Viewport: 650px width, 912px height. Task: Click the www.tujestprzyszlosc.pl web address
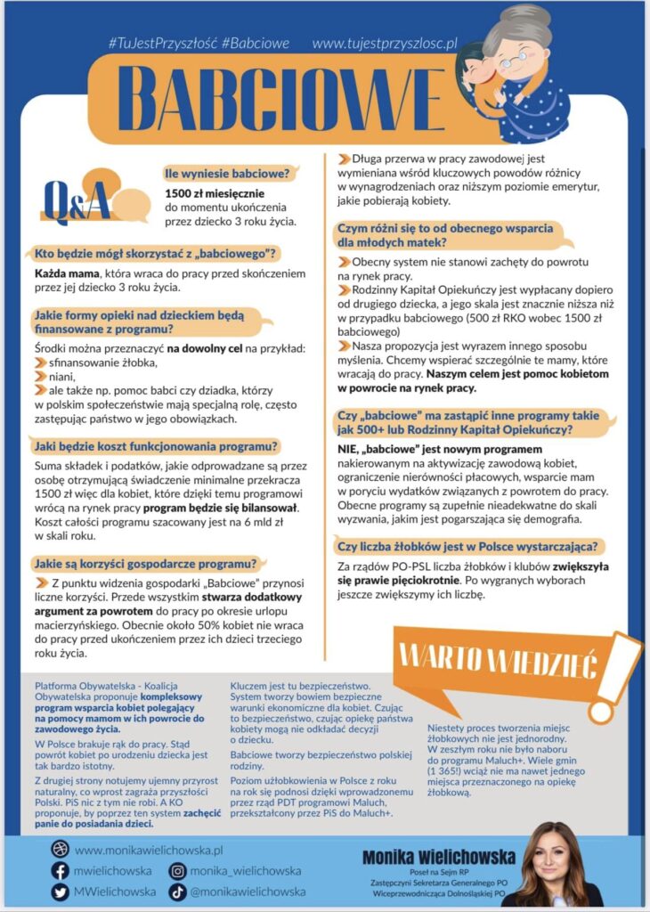coord(385,43)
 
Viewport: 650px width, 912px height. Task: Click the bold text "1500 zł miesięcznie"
coord(215,193)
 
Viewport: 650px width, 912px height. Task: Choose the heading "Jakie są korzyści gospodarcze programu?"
coord(145,564)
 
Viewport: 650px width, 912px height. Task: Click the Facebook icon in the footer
coord(61,871)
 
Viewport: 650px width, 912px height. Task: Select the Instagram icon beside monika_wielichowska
coord(178,871)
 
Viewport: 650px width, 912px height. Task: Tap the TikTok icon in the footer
coord(178,892)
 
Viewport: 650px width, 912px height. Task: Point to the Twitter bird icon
coord(61,892)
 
